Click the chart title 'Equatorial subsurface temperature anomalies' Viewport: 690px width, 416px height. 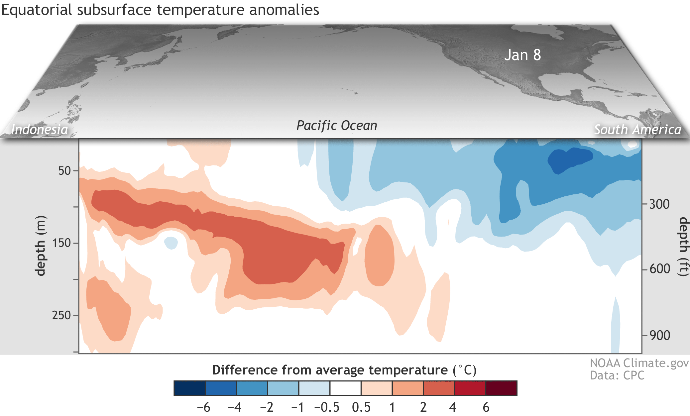coord(160,10)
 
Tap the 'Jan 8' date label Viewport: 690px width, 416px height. coord(522,55)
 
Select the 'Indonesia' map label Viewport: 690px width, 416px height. coord(39,129)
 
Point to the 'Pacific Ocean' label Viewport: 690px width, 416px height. coord(337,125)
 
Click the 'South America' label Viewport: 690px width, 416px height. coord(637,129)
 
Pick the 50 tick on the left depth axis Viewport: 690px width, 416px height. coord(64,170)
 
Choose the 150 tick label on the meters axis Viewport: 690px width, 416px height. coord(62,243)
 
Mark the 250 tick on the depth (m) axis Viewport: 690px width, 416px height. coord(62,315)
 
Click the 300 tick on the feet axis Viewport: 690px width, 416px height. coord(659,204)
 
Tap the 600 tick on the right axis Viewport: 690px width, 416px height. coord(659,268)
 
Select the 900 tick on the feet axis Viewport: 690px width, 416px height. coord(659,335)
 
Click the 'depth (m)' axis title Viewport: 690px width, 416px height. coord(41,246)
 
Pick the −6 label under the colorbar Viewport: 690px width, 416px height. coord(203,407)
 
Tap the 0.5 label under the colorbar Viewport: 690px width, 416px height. coord(361,407)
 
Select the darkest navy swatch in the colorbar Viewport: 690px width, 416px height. coord(189,388)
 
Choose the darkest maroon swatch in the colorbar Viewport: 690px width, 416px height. coord(501,388)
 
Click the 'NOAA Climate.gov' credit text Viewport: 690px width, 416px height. coord(639,363)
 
